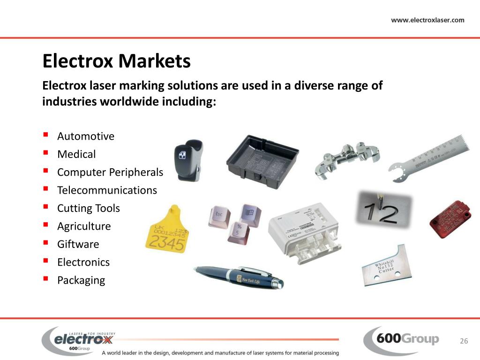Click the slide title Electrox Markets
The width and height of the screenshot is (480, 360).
tap(116, 61)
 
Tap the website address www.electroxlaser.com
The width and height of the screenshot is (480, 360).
tap(427, 20)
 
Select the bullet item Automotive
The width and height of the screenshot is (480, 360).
tap(86, 136)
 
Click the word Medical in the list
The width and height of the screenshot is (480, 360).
tap(76, 154)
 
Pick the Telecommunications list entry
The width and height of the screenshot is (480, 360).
tap(107, 190)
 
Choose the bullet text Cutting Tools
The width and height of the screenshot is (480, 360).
tap(89, 208)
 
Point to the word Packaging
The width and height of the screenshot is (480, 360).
tap(81, 280)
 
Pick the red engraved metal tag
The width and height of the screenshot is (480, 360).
tap(451, 219)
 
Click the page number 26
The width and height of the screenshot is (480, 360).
tap(464, 341)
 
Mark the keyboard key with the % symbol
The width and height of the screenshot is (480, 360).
tap(239, 232)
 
